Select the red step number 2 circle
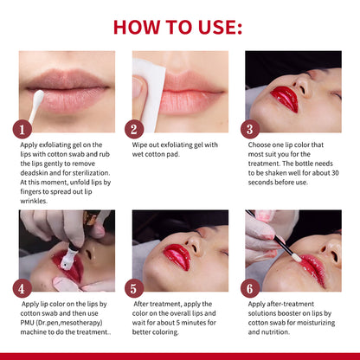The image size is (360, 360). click(133, 130)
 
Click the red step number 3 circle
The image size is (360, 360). click(250, 130)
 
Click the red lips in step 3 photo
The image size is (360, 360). click(283, 99)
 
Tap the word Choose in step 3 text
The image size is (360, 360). click(263, 145)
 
